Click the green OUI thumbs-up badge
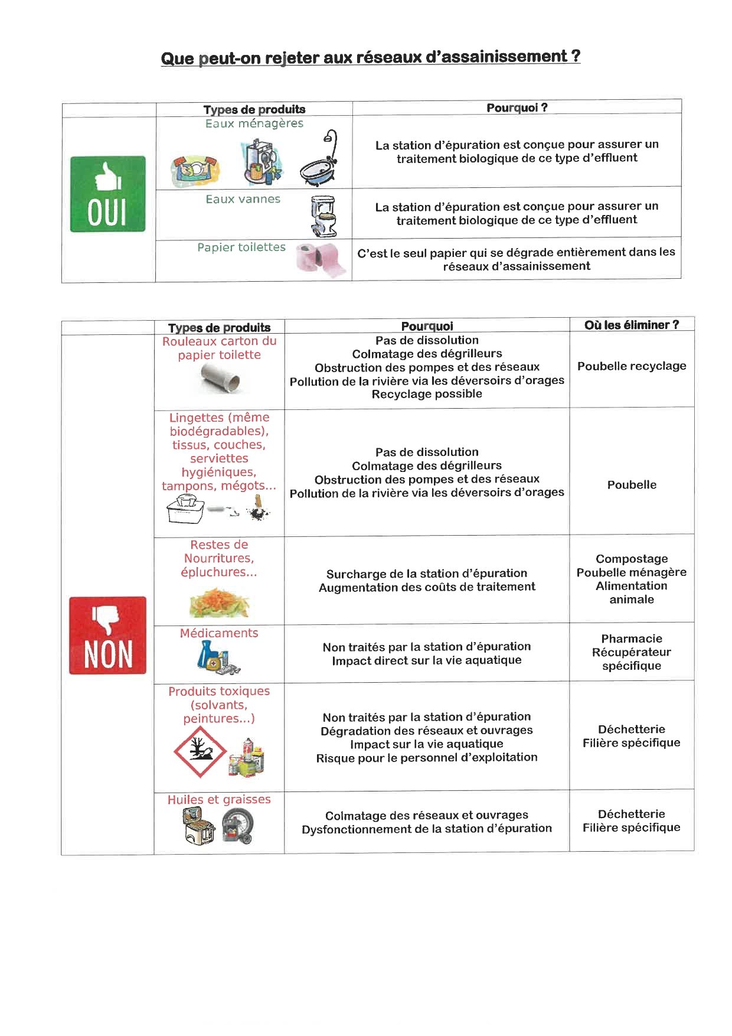coord(107,194)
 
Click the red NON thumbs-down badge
coord(107,635)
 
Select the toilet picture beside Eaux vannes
coord(323,216)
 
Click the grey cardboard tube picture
coord(219,377)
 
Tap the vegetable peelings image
coord(219,602)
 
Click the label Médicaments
coord(219,633)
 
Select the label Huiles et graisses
coord(219,800)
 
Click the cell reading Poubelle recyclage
coord(632,366)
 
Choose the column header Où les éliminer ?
coord(632,325)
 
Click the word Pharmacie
coord(632,638)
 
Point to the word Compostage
coord(632,559)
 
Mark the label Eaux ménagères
coord(254,123)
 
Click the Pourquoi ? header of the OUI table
coord(517,107)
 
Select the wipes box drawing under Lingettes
coord(186,510)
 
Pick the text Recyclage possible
coord(427,394)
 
